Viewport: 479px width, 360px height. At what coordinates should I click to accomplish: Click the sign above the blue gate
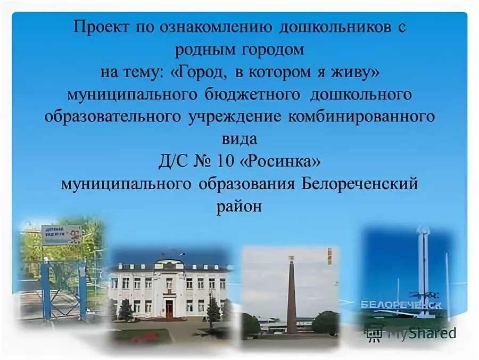click(x=62, y=234)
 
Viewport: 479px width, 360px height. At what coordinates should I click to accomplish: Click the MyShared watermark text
click(x=420, y=333)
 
